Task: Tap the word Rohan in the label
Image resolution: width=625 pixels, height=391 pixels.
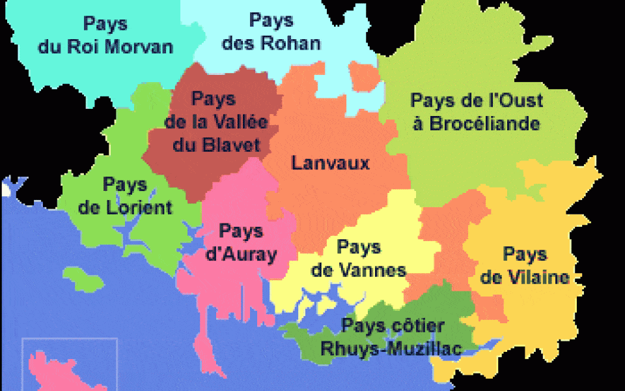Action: [291, 44]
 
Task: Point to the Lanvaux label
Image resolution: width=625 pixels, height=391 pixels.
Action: [330, 162]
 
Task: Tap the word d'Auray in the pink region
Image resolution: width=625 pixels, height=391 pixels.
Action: [241, 254]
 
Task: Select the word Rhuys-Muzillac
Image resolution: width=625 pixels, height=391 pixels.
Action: [391, 349]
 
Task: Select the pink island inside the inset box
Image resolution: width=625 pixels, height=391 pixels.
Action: [59, 371]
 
